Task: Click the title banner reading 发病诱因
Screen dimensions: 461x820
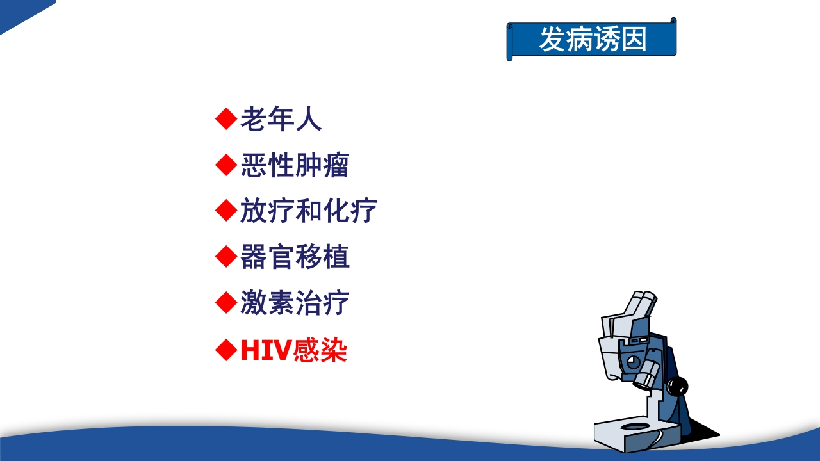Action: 592,40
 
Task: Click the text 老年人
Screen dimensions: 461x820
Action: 281,120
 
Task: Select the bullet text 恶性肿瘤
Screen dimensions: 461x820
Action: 295,165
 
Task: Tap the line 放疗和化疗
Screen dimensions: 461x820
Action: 308,211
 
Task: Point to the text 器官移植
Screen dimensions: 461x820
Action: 295,257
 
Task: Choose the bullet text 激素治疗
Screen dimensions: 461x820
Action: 295,303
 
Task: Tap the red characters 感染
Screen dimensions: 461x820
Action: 320,350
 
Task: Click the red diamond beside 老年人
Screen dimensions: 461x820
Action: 225,119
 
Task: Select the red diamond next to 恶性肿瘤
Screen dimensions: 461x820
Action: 225,165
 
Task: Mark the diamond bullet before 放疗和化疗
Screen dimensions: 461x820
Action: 225,211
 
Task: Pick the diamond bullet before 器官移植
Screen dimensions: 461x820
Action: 225,257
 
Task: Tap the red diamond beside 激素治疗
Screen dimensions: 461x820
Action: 225,303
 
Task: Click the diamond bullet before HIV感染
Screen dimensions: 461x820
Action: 225,350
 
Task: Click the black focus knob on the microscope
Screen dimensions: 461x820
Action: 677,386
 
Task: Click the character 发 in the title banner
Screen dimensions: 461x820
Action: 552,40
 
